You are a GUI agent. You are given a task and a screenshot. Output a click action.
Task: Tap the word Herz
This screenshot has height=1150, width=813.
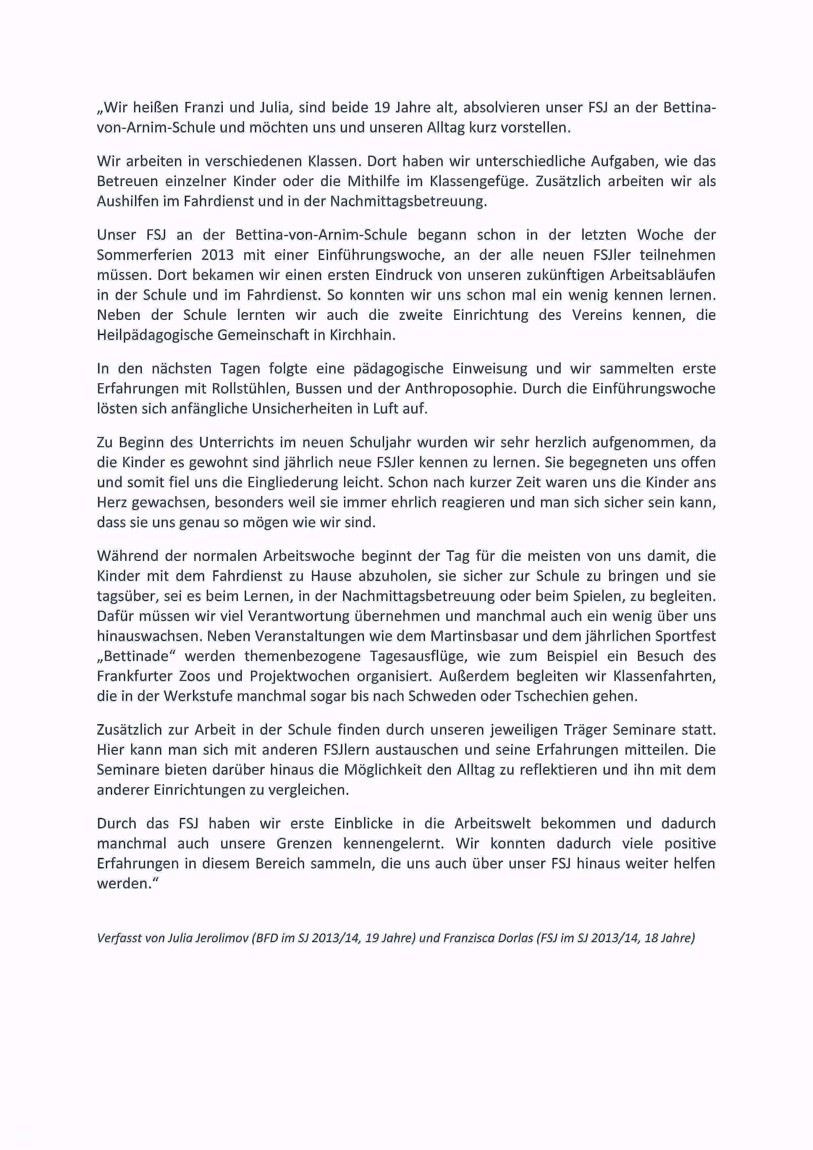click(x=112, y=502)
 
